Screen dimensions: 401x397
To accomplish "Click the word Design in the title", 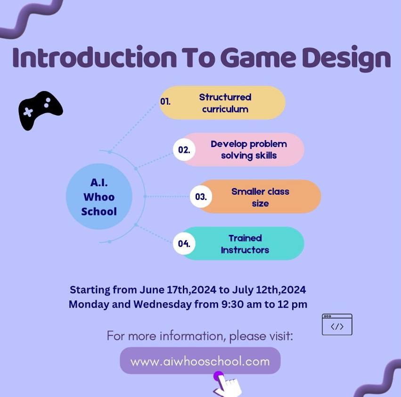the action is (x=346, y=58).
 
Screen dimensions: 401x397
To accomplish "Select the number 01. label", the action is (x=165, y=102).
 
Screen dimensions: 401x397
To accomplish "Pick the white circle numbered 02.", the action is (x=184, y=150).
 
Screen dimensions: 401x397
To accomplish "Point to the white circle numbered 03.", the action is (x=201, y=197).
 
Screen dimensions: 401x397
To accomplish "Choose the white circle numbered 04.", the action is (x=184, y=243).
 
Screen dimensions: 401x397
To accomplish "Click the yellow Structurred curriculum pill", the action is (x=222, y=103).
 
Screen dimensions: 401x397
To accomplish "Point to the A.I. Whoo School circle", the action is (x=99, y=197).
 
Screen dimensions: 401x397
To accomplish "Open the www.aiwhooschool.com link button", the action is (x=200, y=361).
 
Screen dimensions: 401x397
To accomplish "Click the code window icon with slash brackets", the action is (x=337, y=324).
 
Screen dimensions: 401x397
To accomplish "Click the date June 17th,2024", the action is (x=178, y=290).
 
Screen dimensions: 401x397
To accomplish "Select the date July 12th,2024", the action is (x=269, y=290).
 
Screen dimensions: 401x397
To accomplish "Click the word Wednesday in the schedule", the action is (x=163, y=304).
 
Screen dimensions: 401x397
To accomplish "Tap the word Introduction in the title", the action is (x=94, y=58).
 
